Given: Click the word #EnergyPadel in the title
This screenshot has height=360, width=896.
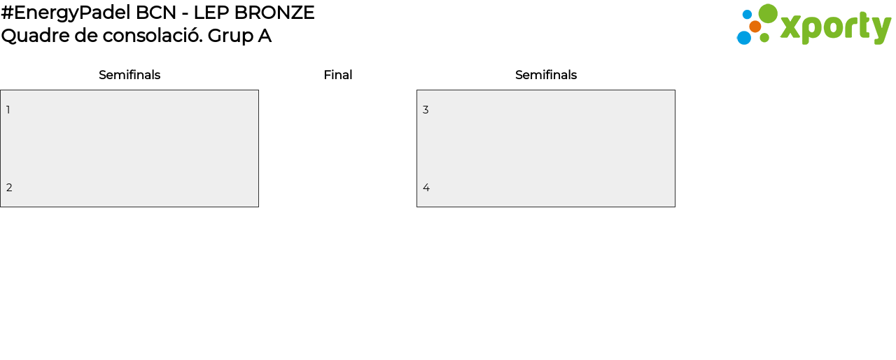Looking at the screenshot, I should point(66,13).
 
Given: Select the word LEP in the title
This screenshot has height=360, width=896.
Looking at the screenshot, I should point(213,13).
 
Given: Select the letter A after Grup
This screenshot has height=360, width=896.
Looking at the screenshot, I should point(265,36).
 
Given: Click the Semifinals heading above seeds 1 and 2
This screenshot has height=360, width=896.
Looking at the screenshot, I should point(129,75).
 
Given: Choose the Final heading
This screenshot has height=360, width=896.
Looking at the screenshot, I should point(337,75).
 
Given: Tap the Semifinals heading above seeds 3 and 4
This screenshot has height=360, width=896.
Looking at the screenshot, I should point(546,75).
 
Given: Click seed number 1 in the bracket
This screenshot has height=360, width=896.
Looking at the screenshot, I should point(8,110).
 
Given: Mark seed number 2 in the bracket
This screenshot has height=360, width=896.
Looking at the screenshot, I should point(9,188).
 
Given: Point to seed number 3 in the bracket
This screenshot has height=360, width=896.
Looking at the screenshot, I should point(426,110).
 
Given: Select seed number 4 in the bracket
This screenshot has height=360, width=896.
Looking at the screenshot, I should point(426,188).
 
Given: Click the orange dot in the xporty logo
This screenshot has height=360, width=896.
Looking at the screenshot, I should point(755,27).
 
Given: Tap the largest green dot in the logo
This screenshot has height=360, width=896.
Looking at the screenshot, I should point(768,14).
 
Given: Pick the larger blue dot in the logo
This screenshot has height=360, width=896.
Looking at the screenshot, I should point(743,38).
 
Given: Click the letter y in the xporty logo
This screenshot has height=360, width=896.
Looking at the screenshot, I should point(881,29).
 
